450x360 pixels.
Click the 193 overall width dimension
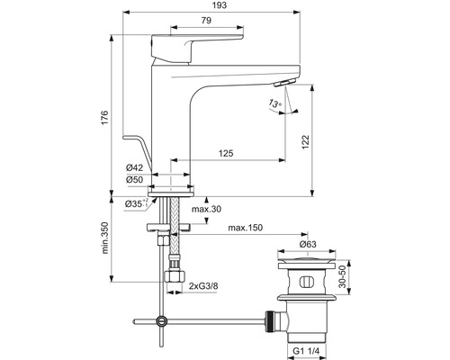pos(220,6)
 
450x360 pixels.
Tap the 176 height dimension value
pos(104,118)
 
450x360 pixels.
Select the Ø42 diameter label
pos(135,168)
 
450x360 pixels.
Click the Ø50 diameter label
pos(135,179)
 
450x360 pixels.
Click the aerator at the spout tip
pos(282,82)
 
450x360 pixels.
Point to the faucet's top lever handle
pos(198,39)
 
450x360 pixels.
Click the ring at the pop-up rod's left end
pos(161,319)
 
